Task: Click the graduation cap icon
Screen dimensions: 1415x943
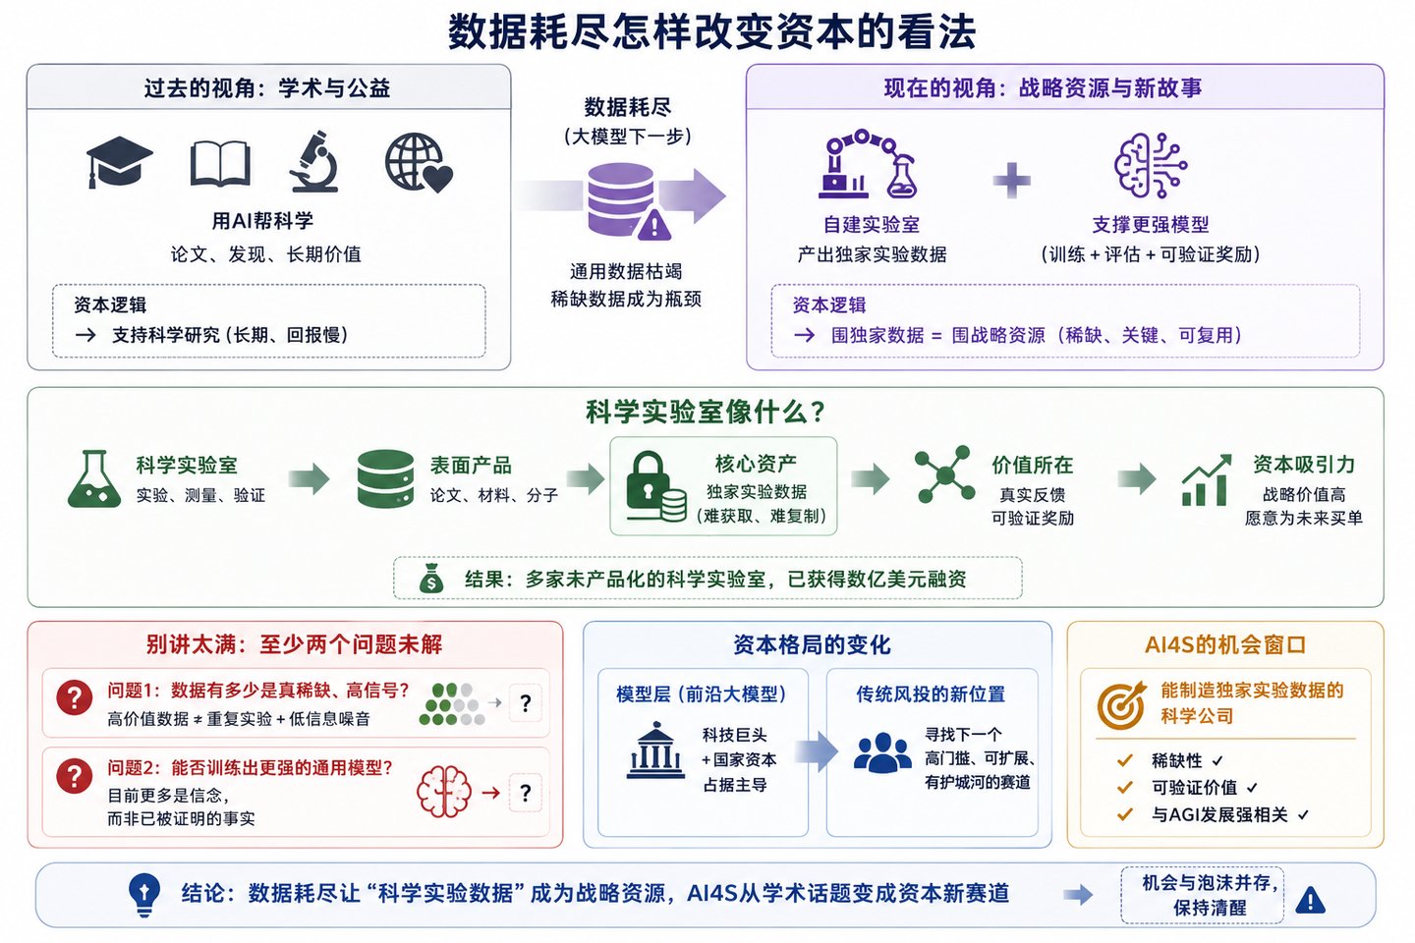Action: pos(119,162)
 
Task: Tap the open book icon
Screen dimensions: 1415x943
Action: pos(220,164)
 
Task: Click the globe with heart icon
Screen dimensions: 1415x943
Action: pos(419,162)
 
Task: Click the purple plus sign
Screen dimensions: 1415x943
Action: pos(1011,181)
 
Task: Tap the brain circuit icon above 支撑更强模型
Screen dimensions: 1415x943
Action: pos(1151,165)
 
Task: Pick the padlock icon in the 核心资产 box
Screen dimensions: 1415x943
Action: pos(655,485)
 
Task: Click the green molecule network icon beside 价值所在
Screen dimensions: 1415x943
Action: pos(944,473)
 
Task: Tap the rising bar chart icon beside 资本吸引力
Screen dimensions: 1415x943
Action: pos(1206,480)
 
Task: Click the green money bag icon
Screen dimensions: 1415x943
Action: pos(431,578)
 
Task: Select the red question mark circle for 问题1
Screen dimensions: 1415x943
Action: pos(75,697)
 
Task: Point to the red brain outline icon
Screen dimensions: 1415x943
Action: pos(444,792)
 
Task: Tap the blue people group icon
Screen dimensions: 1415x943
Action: pos(882,752)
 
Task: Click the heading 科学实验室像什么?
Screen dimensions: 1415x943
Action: pos(706,412)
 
